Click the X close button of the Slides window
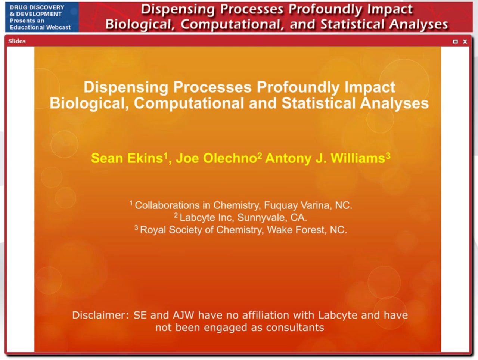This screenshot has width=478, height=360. (465, 41)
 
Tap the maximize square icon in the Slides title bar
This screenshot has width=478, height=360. (455, 41)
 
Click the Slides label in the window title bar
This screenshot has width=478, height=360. (17, 41)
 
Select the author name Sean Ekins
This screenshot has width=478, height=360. (127, 158)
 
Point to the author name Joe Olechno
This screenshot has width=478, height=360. (216, 158)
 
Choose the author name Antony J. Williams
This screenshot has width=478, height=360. (325, 158)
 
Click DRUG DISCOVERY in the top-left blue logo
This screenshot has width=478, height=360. (37, 7)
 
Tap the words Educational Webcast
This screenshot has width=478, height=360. (40, 27)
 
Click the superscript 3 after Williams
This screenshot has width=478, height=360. (388, 155)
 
